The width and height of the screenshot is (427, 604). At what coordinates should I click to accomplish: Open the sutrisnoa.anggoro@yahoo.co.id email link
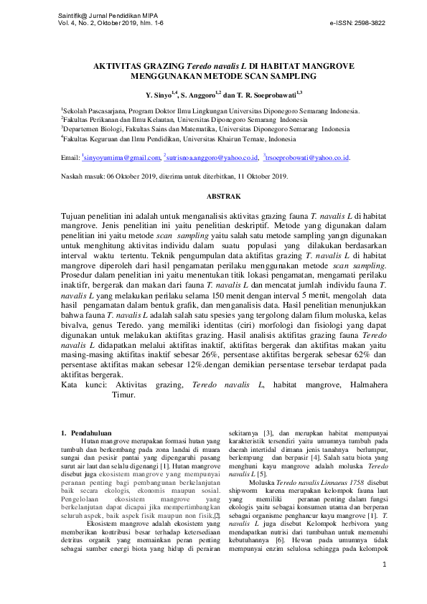212,158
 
